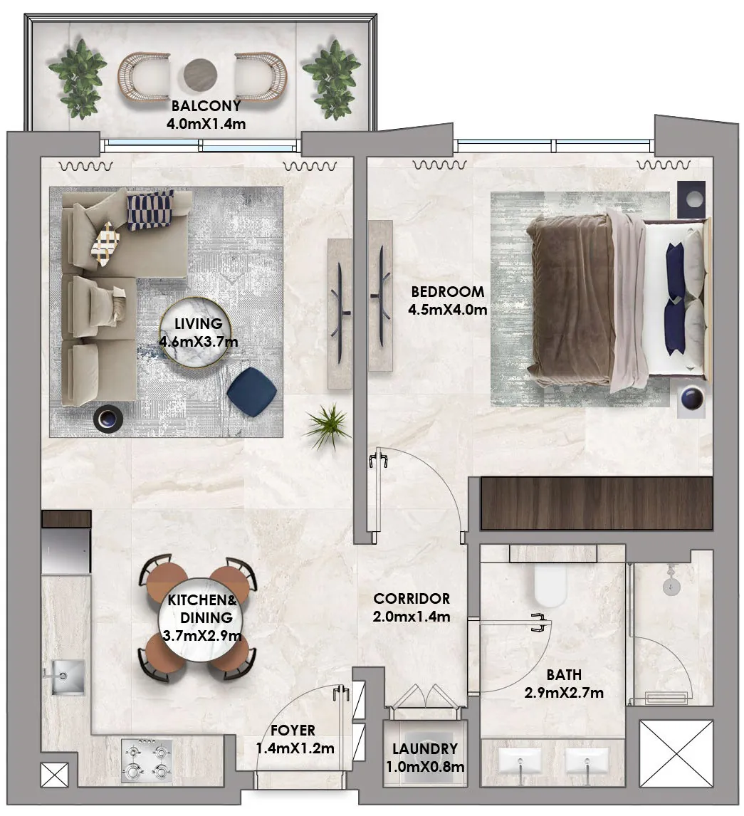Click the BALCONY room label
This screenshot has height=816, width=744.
(206, 107)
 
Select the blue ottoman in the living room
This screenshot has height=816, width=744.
(252, 390)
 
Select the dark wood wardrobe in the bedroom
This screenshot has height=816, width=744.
(597, 503)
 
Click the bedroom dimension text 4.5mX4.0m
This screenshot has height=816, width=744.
(447, 310)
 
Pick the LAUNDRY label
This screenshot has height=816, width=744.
(425, 749)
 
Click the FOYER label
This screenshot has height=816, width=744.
(293, 731)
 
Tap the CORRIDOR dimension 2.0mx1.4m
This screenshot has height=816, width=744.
(412, 617)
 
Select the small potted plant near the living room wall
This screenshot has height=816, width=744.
(327, 426)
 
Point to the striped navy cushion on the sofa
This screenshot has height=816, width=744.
(150, 210)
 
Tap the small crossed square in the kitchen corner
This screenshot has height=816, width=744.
(55, 774)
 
